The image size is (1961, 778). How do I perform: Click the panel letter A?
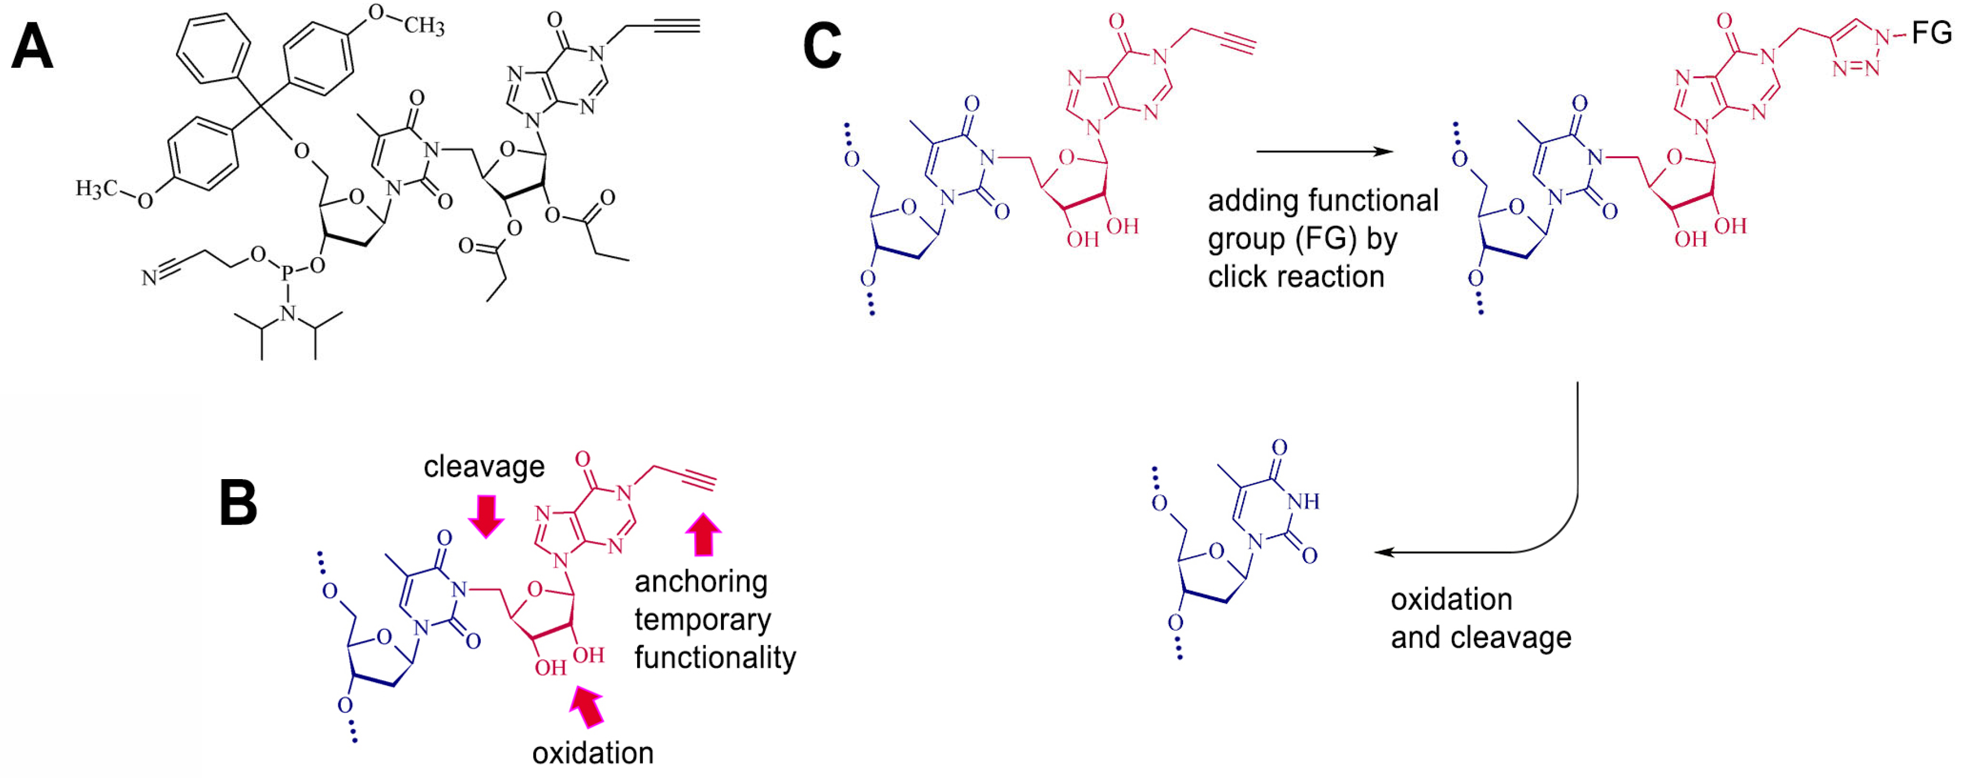(32, 47)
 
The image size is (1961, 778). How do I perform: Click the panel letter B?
(238, 503)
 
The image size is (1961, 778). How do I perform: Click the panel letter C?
(822, 47)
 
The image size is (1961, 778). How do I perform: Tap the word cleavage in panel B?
(484, 466)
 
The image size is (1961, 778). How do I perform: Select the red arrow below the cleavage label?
(486, 515)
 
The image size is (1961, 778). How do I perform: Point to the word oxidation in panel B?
(592, 753)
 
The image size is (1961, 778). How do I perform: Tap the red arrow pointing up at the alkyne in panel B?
(703, 534)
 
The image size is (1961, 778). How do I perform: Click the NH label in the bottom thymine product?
(1303, 501)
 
